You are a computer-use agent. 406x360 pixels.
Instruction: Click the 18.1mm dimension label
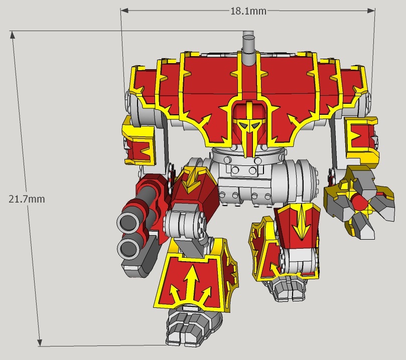[248, 11]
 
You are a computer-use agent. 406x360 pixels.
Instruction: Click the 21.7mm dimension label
[27, 199]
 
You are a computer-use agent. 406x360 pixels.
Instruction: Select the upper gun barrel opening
[128, 222]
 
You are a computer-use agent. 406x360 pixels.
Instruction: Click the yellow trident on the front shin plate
[191, 284]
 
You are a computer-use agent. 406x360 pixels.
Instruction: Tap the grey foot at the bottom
[193, 327]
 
